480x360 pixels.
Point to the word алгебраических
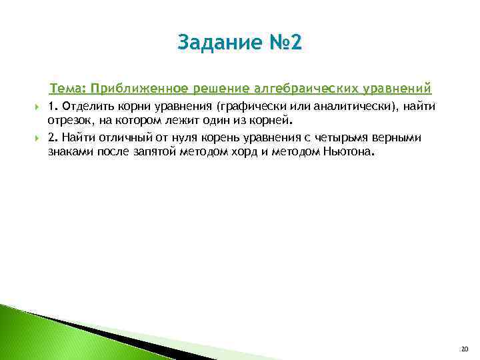[306, 89]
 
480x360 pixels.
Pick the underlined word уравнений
[400, 89]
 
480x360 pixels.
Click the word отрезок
[69, 121]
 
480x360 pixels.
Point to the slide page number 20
[465, 348]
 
